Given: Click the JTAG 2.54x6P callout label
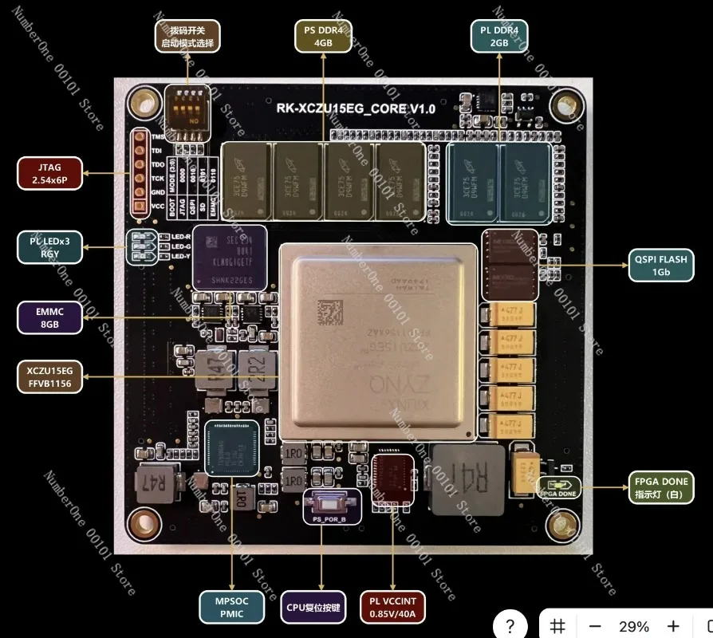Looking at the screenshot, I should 48,174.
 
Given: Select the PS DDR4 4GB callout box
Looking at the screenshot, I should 324,37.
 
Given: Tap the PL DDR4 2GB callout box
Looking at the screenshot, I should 499,37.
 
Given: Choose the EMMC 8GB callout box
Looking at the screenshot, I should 48,318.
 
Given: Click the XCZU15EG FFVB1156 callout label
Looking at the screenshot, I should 48,376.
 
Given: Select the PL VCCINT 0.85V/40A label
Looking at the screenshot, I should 393,608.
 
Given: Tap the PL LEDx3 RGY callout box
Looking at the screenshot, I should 48,247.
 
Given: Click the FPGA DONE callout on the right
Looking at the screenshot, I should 661,488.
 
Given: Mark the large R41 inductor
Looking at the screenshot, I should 467,479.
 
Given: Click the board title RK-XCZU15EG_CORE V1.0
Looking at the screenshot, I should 356,108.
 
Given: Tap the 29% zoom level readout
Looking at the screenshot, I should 634,626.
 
